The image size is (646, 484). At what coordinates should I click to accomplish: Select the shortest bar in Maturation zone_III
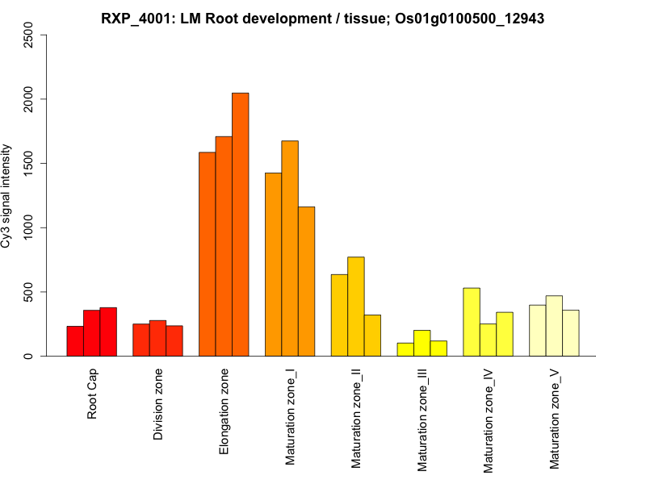point(405,349)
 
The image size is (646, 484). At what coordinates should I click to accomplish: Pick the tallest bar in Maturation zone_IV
point(472,322)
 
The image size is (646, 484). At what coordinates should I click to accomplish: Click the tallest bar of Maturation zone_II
point(356,307)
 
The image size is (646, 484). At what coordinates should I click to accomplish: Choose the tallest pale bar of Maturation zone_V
point(554,326)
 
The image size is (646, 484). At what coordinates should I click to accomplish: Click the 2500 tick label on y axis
point(30,35)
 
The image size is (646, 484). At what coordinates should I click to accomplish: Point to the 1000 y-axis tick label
point(30,227)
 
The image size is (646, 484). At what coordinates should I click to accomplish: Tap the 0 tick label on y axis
point(30,356)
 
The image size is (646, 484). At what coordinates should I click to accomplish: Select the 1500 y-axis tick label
point(30,164)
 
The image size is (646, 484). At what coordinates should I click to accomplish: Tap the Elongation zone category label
point(224,411)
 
